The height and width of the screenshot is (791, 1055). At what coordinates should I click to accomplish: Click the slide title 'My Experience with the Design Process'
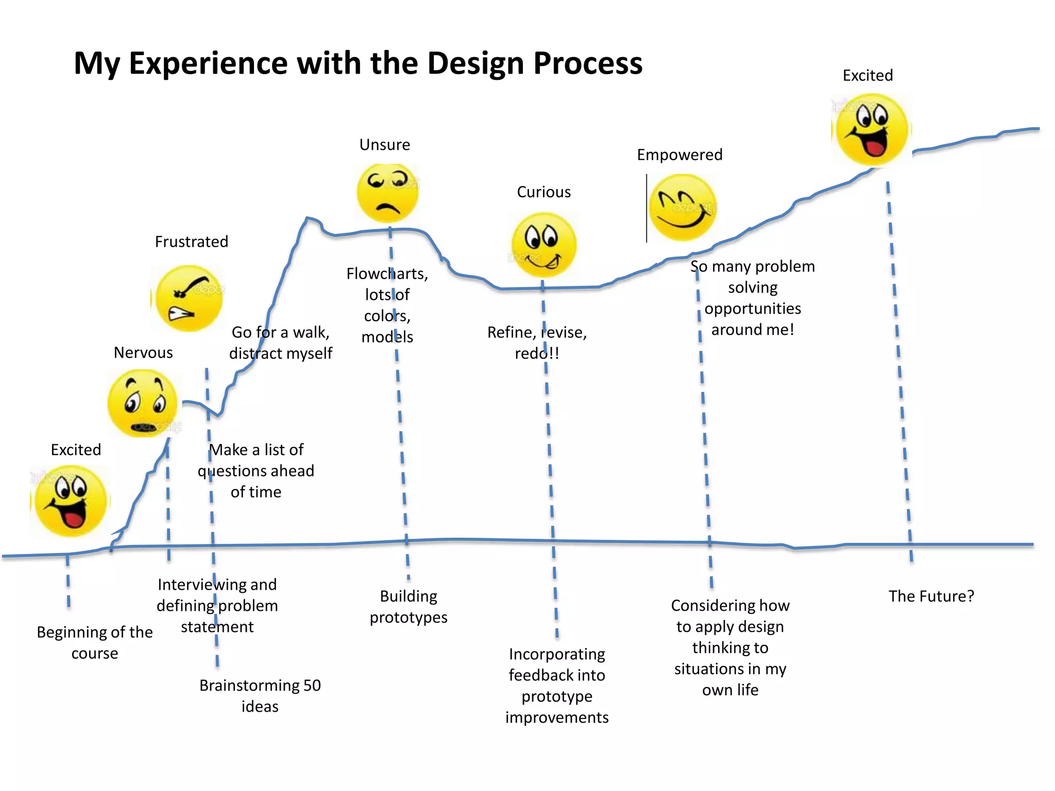pyautogui.click(x=358, y=63)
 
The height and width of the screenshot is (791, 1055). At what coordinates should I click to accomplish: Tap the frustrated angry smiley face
pyautogui.click(x=189, y=298)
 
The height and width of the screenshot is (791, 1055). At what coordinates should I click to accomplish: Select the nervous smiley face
pyautogui.click(x=143, y=403)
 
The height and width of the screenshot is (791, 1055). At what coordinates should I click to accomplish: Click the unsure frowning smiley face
pyautogui.click(x=388, y=193)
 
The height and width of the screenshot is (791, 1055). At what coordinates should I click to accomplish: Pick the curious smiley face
pyautogui.click(x=543, y=245)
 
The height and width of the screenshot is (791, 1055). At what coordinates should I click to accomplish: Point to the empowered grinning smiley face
pyautogui.click(x=683, y=208)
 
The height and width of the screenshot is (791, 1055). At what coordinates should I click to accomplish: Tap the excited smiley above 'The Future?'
pyautogui.click(x=872, y=129)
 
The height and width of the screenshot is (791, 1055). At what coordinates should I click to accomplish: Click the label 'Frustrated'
pyautogui.click(x=192, y=242)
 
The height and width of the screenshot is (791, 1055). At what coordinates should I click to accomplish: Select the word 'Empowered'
pyautogui.click(x=679, y=154)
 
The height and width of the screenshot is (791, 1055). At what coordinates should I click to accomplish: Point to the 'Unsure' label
pyautogui.click(x=385, y=145)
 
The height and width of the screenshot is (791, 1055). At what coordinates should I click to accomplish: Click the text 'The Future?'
pyautogui.click(x=931, y=596)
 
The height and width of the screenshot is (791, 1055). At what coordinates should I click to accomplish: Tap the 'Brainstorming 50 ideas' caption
pyautogui.click(x=260, y=695)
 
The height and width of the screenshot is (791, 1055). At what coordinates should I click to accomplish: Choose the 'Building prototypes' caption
pyautogui.click(x=409, y=606)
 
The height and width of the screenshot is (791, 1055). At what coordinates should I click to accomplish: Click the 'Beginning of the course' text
pyautogui.click(x=95, y=642)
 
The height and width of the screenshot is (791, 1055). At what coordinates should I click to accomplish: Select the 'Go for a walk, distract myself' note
pyautogui.click(x=281, y=342)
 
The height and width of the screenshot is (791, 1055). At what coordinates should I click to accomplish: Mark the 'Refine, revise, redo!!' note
pyautogui.click(x=537, y=342)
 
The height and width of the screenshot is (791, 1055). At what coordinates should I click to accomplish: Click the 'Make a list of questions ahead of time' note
pyautogui.click(x=256, y=470)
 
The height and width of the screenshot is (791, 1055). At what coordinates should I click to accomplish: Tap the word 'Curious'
pyautogui.click(x=544, y=192)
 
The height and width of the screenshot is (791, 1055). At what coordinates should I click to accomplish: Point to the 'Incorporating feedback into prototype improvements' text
pyautogui.click(x=557, y=685)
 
